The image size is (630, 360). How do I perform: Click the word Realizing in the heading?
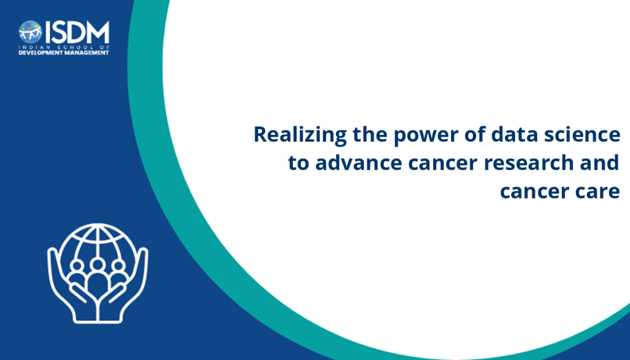click(300, 135)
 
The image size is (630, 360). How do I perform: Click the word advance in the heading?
click(359, 162)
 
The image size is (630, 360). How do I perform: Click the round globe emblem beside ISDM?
click(30, 32)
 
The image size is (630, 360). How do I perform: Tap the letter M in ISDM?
click(97, 32)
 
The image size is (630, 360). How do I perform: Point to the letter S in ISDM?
click(57, 32)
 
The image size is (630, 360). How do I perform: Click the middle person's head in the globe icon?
click(97, 265)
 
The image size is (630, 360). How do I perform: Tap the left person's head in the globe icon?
click(76, 266)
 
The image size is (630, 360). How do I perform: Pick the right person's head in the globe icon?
click(118, 266)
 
